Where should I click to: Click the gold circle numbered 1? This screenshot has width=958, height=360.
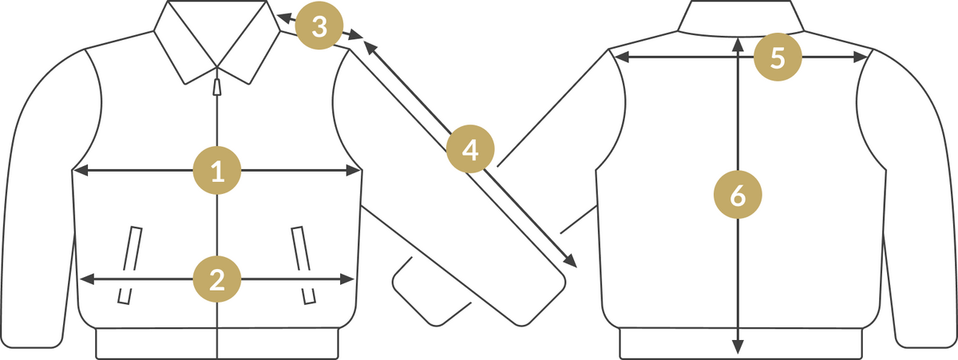217,170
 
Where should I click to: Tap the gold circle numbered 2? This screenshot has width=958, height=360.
217,279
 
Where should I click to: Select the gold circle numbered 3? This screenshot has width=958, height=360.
319,26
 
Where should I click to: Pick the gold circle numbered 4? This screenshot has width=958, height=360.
470,148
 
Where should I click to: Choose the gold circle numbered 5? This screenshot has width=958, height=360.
778,57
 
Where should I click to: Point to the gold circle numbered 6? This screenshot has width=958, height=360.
738,195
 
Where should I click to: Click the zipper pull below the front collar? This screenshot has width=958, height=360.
217,86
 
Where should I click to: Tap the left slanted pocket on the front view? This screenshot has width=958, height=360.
130,265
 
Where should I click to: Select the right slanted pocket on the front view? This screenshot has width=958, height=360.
303,265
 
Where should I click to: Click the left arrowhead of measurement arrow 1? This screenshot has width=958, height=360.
81,170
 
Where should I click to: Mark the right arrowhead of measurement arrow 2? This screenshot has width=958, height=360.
346,279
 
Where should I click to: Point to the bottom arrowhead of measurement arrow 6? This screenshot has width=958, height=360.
738,346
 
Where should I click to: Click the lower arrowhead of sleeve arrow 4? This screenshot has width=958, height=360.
571,261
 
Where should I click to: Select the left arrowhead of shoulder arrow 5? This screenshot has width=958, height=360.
622,57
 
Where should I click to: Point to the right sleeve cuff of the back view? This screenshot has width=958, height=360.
926,338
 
